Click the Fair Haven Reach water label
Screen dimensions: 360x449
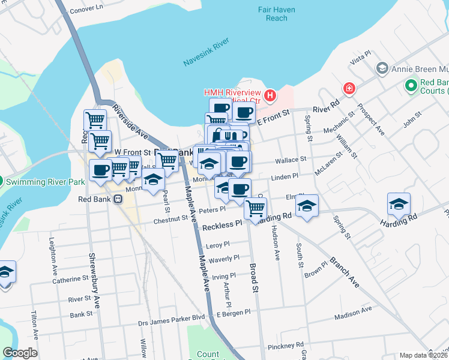(x=273, y=14)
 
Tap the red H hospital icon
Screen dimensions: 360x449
(x=270, y=95)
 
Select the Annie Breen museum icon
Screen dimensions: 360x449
(x=382, y=68)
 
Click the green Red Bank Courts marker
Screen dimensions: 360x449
(x=411, y=86)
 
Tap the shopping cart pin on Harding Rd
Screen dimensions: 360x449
(x=256, y=208)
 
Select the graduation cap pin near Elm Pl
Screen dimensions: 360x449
(x=307, y=205)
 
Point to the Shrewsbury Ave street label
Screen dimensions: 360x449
(x=92, y=262)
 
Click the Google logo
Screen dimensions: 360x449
(x=20, y=353)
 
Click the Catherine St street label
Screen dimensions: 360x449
(x=70, y=280)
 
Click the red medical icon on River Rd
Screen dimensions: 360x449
(x=349, y=89)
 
